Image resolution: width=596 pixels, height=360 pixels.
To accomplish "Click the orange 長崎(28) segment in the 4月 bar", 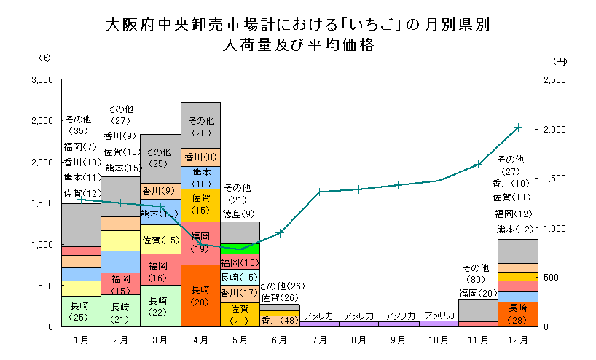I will point(200,295).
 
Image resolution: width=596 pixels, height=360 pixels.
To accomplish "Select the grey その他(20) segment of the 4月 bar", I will point(200,125).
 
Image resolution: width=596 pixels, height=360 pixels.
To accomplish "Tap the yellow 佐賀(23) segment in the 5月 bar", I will point(240,314).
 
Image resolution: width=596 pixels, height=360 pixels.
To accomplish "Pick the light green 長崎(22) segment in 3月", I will point(160,305).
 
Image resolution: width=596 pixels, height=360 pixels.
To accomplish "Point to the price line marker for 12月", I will point(517,128).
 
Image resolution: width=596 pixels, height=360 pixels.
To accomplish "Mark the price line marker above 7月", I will point(319,192).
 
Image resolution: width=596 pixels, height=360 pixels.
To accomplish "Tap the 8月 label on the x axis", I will point(359,340).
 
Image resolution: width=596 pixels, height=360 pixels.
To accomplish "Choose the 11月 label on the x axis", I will point(478,340).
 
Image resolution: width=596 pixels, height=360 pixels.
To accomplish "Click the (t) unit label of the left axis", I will point(44,58).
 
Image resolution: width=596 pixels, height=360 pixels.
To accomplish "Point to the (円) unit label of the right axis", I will point(560,60).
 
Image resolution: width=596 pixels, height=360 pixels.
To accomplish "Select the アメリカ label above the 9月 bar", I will point(399,316).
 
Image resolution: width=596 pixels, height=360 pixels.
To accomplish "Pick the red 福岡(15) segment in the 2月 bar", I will point(121,283).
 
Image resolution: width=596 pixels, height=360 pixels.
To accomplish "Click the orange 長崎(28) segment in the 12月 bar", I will point(517,313).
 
